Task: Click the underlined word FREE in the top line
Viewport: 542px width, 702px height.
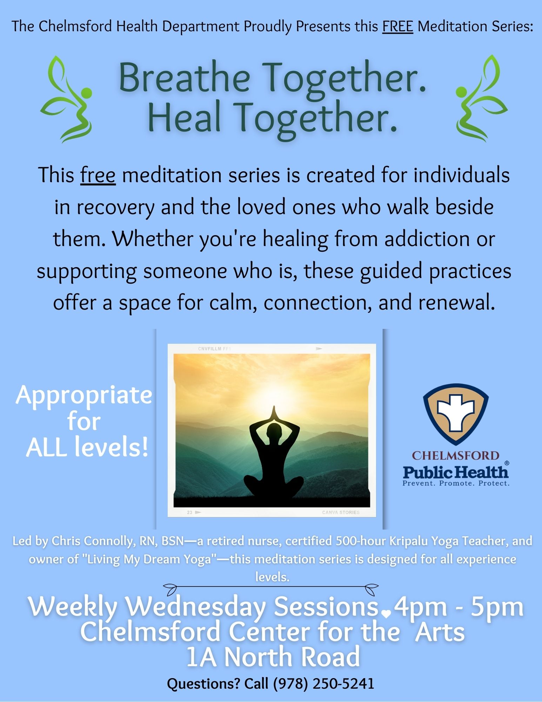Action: point(397,26)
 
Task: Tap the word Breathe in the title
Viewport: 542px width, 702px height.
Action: point(185,78)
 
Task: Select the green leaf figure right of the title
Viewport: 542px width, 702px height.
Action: point(482,98)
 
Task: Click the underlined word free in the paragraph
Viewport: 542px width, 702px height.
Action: point(98,175)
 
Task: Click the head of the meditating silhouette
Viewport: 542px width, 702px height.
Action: point(274,431)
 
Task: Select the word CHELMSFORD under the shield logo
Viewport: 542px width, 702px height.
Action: point(455,456)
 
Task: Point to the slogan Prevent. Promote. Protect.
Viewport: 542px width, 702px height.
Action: point(456,483)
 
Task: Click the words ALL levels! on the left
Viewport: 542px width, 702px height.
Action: point(87,448)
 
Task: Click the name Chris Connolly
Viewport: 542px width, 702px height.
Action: point(93,541)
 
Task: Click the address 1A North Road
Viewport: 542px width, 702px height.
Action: point(273,657)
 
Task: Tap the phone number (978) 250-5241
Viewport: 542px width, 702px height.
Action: point(323,683)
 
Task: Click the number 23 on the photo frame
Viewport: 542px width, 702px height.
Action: point(189,512)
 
